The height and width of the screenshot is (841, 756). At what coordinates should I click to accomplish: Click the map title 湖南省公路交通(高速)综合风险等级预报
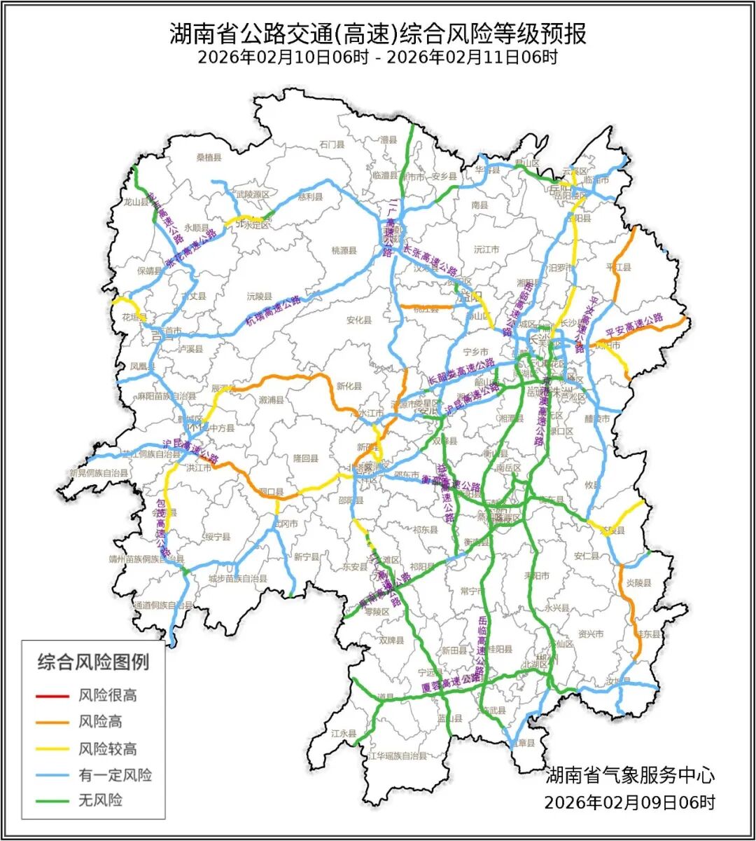[x=378, y=33]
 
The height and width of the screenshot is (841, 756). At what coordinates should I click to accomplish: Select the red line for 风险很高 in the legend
[x=53, y=696]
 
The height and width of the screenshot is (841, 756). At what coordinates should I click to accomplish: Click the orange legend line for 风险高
[x=53, y=722]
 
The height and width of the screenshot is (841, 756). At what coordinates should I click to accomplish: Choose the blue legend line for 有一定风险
[x=53, y=775]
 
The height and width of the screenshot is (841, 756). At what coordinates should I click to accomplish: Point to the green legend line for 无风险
[x=53, y=800]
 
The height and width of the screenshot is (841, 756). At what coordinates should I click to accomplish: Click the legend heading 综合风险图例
[x=93, y=661]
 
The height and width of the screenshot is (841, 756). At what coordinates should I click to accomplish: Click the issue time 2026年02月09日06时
[x=630, y=802]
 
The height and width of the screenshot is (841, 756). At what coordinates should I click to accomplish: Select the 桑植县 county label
[x=209, y=158]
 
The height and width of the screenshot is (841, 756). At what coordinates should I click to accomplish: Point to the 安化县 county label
[x=358, y=320]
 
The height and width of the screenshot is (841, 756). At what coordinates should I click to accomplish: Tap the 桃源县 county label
[x=344, y=250]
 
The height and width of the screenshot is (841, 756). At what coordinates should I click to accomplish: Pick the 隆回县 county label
[x=305, y=458]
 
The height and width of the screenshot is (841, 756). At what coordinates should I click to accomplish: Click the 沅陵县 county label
[x=260, y=296]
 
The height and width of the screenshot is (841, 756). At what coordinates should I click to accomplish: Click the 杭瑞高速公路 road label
[x=273, y=309]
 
